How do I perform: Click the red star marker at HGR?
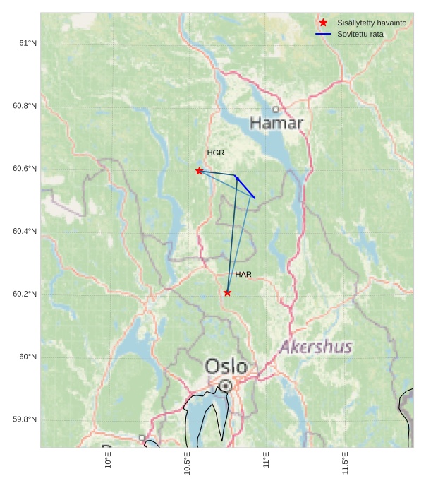click(x=200, y=171)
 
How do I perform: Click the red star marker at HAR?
click(x=227, y=292)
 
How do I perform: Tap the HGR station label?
click(x=215, y=153)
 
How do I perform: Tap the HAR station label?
click(x=243, y=274)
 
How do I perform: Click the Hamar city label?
click(x=276, y=124)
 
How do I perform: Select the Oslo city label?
click(x=226, y=367)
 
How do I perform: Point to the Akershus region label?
click(x=315, y=347)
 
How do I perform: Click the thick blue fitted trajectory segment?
click(x=245, y=187)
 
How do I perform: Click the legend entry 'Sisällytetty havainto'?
click(x=372, y=23)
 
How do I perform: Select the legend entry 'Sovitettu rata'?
click(x=360, y=34)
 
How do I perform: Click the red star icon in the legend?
click(x=323, y=23)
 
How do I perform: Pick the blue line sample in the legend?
click(x=323, y=34)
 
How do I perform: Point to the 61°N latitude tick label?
click(x=28, y=43)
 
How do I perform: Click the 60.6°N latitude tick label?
click(x=25, y=169)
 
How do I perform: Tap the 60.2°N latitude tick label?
click(x=25, y=294)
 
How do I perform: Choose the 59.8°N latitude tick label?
click(x=25, y=419)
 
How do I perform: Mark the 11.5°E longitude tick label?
click(x=346, y=463)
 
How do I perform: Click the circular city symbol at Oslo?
click(x=225, y=386)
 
